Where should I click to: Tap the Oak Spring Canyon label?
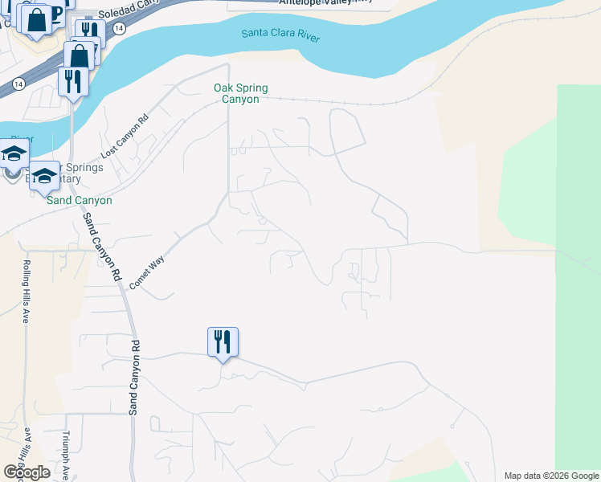coord(240,93)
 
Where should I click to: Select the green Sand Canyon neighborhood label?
coord(79,200)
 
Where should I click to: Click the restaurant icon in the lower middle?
coord(223,342)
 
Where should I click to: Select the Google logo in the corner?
coord(27,472)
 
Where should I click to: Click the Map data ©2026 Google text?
coord(551,476)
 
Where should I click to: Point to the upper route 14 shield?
coord(119,28)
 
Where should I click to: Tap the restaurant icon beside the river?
coord(72,81)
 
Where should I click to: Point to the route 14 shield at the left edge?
coord(18,83)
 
